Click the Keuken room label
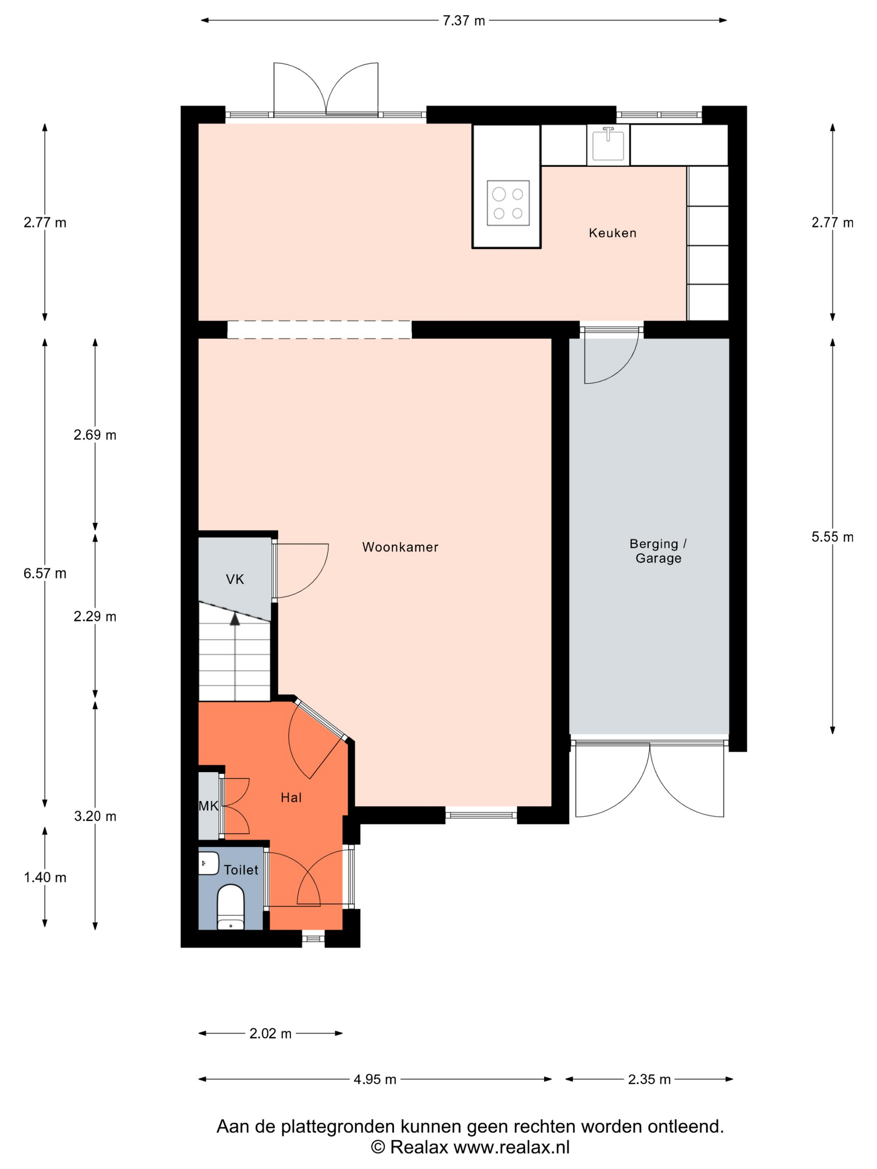[x=612, y=233]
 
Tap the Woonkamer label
[x=400, y=547]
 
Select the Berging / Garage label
[x=658, y=551]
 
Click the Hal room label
[x=291, y=797]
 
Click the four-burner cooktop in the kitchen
[x=508, y=203]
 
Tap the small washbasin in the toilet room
[x=208, y=863]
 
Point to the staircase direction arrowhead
[x=235, y=619]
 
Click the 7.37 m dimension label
[x=464, y=20]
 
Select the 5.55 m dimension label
[x=833, y=537]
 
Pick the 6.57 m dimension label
[x=45, y=573]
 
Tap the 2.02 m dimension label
[x=270, y=1034]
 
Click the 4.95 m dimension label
[x=375, y=1080]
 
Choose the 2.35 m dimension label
[x=649, y=1080]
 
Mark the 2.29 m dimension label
[x=95, y=617]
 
